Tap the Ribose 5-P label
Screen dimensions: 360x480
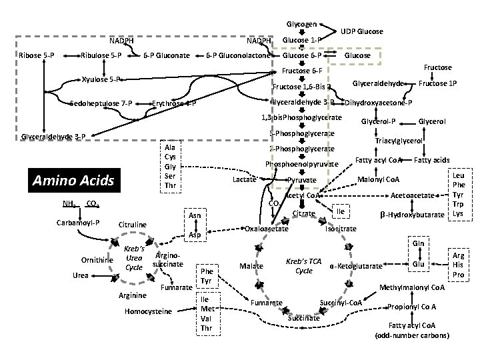pos(37,55)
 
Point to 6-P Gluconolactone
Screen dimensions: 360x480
pos(237,55)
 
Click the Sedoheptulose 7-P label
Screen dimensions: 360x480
pos(101,103)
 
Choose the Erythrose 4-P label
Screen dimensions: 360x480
pos(173,103)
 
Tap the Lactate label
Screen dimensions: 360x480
pos(244,180)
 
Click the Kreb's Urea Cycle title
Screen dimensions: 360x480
pos(133,257)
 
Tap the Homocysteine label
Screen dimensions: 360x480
pos(148,311)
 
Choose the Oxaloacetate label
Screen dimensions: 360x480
pos(266,229)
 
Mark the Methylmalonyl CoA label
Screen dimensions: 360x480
pos(411,287)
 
